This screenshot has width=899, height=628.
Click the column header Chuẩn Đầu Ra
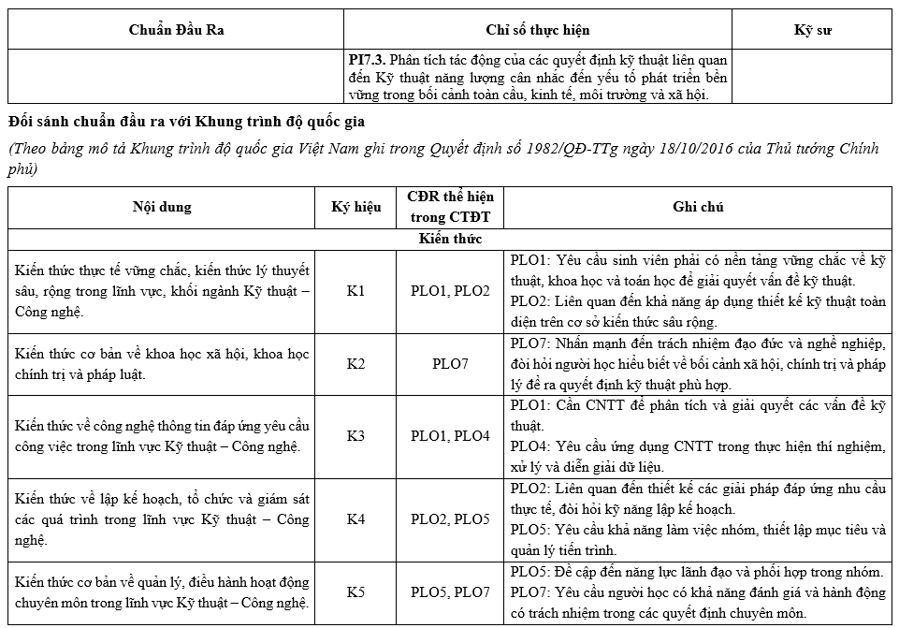[x=176, y=30]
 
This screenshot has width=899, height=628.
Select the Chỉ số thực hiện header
[x=537, y=30]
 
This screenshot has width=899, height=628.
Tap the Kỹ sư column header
[x=812, y=30]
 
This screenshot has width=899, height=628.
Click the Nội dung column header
[x=160, y=207]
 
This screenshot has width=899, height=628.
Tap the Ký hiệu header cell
[x=356, y=207]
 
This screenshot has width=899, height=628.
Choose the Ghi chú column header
[x=698, y=207]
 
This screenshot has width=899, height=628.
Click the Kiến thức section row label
[x=450, y=239]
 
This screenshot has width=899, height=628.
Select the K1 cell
[x=356, y=291]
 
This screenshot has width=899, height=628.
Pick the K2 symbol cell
[x=356, y=364]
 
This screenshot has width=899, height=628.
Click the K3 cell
[x=356, y=436]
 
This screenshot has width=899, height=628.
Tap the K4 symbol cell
[x=356, y=518]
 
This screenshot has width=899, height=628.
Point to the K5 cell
[x=356, y=591]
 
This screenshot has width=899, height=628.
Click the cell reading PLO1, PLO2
[x=450, y=291]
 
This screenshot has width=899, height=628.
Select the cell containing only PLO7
[x=450, y=364]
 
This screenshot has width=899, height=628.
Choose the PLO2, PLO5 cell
[x=450, y=518]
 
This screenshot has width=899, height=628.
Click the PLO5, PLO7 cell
[x=450, y=591]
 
